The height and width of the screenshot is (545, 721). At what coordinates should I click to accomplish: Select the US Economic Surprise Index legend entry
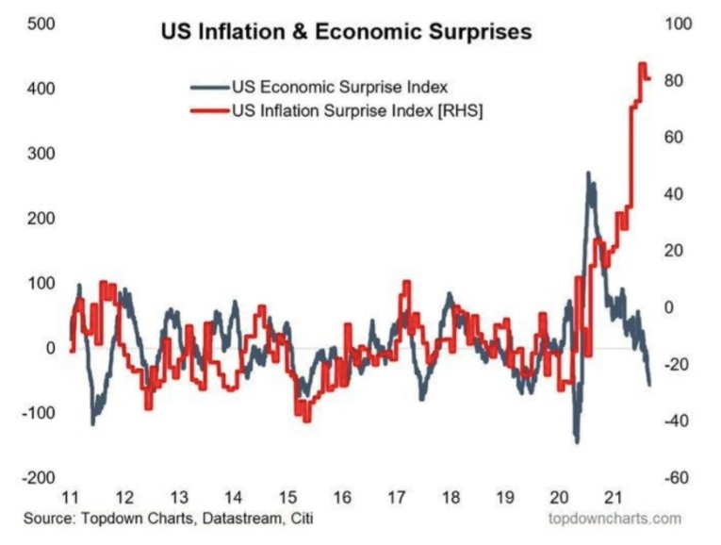[339, 87]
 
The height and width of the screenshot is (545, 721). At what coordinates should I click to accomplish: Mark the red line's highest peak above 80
[642, 64]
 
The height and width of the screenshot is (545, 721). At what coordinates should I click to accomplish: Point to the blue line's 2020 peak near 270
[588, 173]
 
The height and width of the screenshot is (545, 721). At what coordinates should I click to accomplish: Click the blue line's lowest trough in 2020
[576, 441]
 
